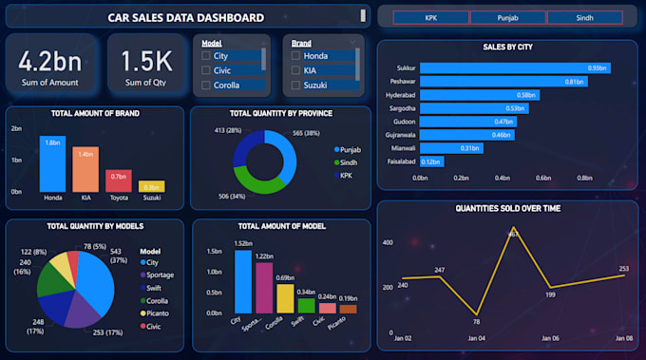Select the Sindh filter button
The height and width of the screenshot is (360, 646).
tap(584, 17)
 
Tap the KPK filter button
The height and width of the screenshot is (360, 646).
tap(431, 17)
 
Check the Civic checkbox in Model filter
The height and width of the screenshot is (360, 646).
tap(207, 70)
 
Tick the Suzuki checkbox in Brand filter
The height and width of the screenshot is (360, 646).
tap(296, 85)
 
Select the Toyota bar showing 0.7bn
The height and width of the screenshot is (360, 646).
tap(119, 181)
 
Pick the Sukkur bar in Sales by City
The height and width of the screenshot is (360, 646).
tap(514, 68)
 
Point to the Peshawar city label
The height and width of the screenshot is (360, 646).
tap(400, 82)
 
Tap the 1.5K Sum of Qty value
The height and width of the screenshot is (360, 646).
tap(146, 62)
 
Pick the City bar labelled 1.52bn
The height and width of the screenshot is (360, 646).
tap(243, 281)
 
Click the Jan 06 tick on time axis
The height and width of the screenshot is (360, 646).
tap(550, 337)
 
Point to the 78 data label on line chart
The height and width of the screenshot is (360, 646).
tap(476, 323)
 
